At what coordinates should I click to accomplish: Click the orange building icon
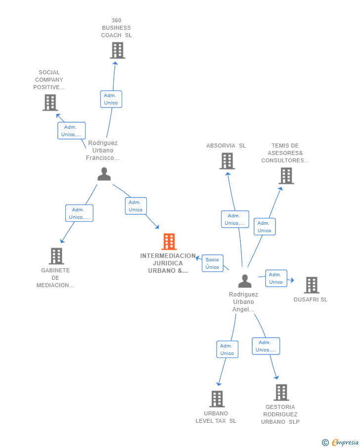pyautogui.click(x=169, y=242)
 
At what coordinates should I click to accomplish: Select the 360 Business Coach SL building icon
pyautogui.click(x=118, y=50)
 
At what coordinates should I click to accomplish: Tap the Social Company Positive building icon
pyautogui.click(x=50, y=102)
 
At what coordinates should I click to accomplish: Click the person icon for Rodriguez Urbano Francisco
pyautogui.click(x=104, y=174)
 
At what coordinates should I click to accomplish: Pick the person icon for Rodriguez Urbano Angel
pyautogui.click(x=245, y=281)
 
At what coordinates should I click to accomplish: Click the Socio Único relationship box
pyautogui.click(x=213, y=263)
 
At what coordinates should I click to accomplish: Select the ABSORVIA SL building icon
pyautogui.click(x=227, y=161)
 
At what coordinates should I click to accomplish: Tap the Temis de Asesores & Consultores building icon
pyautogui.click(x=286, y=176)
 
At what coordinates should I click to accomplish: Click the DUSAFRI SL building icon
pyautogui.click(x=312, y=285)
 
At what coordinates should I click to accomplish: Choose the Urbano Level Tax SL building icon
pyautogui.click(x=217, y=399)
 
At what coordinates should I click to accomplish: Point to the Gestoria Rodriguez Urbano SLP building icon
pyautogui.click(x=281, y=392)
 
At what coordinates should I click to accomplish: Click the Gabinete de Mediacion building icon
pyautogui.click(x=56, y=256)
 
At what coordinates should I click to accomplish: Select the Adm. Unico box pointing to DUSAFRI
pyautogui.click(x=276, y=278)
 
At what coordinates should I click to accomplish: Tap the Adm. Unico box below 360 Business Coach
pyautogui.click(x=111, y=99)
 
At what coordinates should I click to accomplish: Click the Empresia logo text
pyautogui.click(x=345, y=442)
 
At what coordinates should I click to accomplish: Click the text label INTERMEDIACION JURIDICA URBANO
pyautogui.click(x=168, y=263)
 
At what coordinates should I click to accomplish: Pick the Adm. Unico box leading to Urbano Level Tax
pyautogui.click(x=227, y=349)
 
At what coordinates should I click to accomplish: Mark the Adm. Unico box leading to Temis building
pyautogui.click(x=265, y=227)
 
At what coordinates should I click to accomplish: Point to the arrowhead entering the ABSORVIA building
pyautogui.click(x=228, y=174)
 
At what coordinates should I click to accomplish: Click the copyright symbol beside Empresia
pyautogui.click(x=325, y=443)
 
